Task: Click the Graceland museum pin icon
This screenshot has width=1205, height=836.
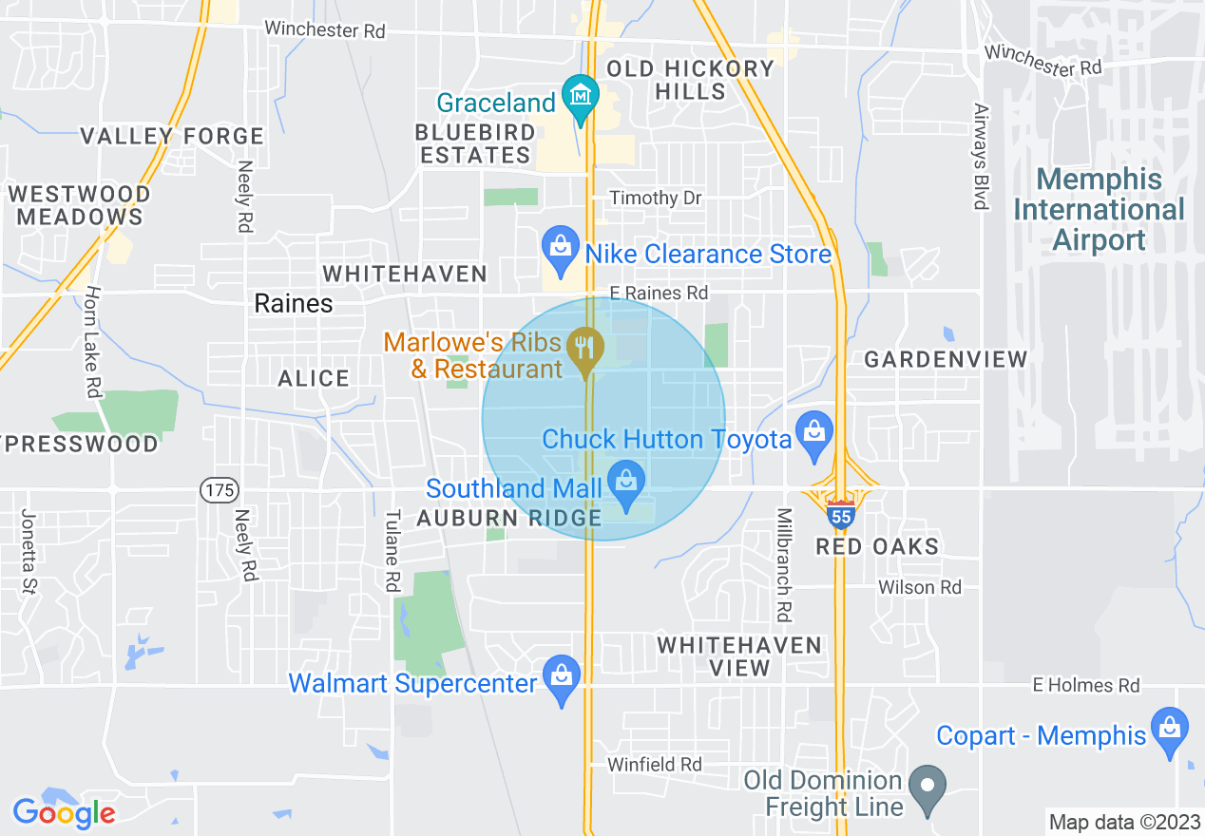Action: pyautogui.click(x=580, y=97)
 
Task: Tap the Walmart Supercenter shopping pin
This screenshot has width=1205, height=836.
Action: pyautogui.click(x=561, y=677)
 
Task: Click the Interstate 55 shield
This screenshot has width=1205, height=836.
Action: pyautogui.click(x=840, y=516)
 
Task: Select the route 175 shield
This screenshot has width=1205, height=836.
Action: pyautogui.click(x=219, y=490)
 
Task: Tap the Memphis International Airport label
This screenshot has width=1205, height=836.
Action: pyautogui.click(x=1100, y=210)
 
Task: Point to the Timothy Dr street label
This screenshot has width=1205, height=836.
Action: pyautogui.click(x=656, y=198)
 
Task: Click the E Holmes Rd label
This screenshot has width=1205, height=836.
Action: pyautogui.click(x=1086, y=685)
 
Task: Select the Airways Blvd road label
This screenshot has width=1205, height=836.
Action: pyautogui.click(x=980, y=157)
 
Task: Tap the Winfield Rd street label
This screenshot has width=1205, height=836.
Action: pyautogui.click(x=656, y=764)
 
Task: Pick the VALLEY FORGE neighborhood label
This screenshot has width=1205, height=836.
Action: pyautogui.click(x=172, y=136)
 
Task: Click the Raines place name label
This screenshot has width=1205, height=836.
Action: pyautogui.click(x=294, y=303)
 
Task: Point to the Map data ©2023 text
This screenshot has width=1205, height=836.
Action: pyautogui.click(x=1121, y=822)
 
